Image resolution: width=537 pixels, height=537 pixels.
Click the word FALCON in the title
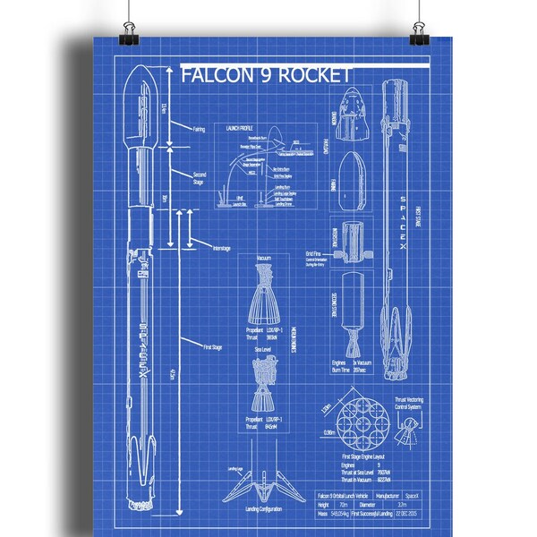(x=214, y=75)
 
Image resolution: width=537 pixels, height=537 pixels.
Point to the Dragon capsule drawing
(x=350, y=122)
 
